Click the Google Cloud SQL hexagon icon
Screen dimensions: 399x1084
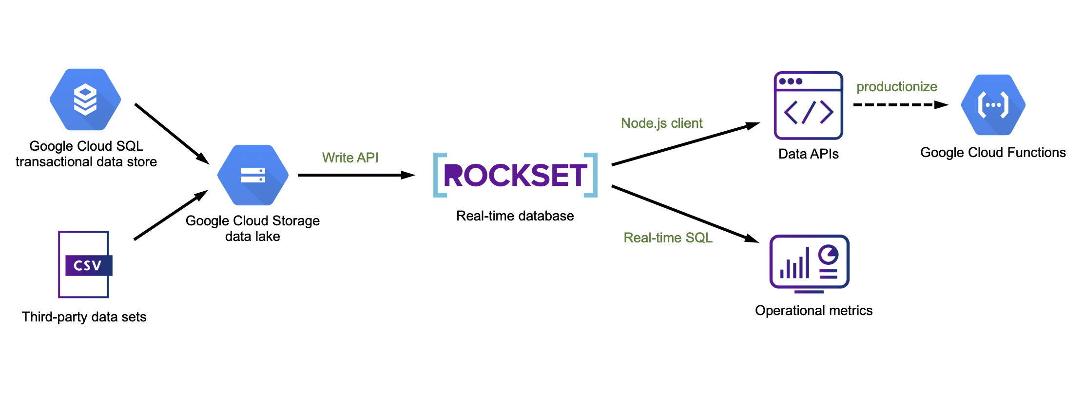click(85, 100)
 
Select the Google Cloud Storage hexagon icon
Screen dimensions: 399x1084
click(252, 175)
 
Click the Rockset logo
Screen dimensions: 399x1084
click(515, 175)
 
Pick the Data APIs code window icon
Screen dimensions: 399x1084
click(808, 105)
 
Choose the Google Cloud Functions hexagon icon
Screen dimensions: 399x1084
click(993, 105)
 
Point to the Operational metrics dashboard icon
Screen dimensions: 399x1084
click(809, 264)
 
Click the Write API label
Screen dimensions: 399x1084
click(350, 158)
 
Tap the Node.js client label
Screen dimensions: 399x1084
click(661, 123)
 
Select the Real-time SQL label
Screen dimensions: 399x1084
click(668, 238)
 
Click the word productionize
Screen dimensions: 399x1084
click(897, 87)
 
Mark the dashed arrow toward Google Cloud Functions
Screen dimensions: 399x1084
click(900, 105)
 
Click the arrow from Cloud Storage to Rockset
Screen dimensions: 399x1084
click(356, 175)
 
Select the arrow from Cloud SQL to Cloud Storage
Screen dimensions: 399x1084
click(172, 133)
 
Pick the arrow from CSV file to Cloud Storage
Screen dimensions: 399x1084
click(171, 215)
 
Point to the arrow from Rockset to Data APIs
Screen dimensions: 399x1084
click(685, 144)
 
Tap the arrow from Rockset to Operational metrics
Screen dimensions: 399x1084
click(685, 214)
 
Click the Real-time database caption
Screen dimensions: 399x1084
click(515, 216)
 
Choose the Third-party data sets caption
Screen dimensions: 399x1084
click(84, 317)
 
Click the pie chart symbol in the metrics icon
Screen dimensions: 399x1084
click(828, 254)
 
